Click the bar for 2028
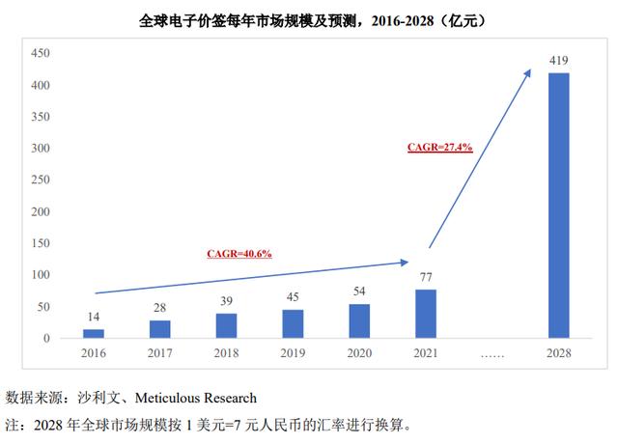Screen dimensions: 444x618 point(559,206)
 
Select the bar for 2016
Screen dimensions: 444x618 point(94,333)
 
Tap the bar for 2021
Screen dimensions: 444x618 point(426,314)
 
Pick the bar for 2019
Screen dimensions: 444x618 point(293,323)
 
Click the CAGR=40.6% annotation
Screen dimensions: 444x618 point(239,253)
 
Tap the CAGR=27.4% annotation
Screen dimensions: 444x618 point(438,147)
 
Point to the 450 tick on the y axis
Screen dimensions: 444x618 point(38,54)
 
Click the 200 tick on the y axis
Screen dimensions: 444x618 point(38,212)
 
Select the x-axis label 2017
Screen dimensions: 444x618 point(160,354)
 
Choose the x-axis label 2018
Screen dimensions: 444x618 point(227,354)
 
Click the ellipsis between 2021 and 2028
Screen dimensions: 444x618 point(492,355)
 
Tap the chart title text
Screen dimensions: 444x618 point(308,19)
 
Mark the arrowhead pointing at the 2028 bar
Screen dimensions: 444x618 point(528,70)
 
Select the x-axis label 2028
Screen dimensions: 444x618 point(559,354)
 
